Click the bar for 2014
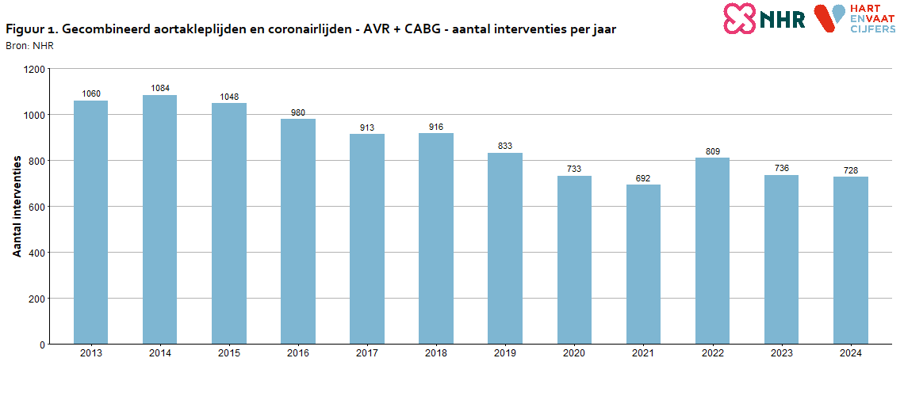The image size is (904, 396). pos(159,219)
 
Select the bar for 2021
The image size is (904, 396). pos(643,265)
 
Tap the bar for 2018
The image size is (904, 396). pos(436,238)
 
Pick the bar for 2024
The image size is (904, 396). pos(850,261)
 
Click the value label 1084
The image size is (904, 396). pos(160,88)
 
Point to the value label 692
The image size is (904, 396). pos(643,178)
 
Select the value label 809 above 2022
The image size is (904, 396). pos(712,151)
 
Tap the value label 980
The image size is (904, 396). pos(298,112)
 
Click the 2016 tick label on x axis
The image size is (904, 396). pos(298,353)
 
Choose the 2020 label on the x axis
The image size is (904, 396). pos(574,353)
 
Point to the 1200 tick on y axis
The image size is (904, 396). pos(35,69)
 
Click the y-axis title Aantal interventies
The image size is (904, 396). pos(17,206)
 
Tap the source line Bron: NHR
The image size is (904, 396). pos(29,46)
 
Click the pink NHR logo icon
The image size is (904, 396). pos(739,17)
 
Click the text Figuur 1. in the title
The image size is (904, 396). pos(30,29)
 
